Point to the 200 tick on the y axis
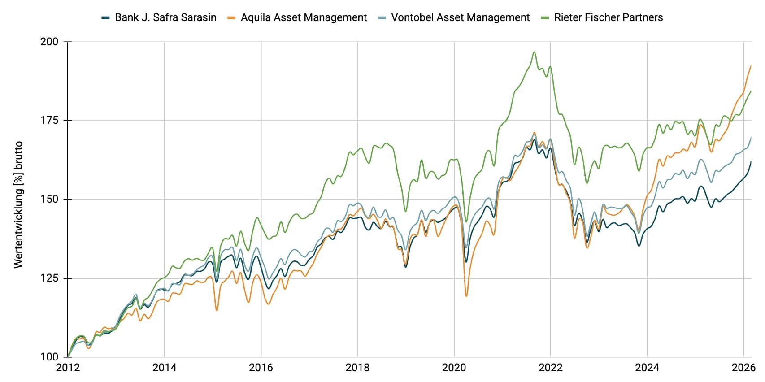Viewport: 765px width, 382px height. point(49,42)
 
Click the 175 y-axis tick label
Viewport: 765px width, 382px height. point(49,120)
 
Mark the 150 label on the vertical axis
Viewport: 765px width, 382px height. point(49,199)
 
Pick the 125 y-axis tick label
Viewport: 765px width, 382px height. point(49,278)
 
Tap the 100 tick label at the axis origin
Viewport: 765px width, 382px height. point(49,357)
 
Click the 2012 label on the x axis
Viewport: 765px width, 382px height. point(68,368)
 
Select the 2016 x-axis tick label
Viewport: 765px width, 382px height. point(261,368)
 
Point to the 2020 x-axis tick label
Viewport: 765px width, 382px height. point(454,368)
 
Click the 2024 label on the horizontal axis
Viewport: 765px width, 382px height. point(647,368)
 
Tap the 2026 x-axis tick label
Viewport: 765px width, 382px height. point(743,368)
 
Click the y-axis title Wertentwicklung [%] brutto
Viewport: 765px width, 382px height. point(18,205)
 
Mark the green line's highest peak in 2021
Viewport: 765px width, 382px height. point(534,52)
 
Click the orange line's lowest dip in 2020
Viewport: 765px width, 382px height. point(466,296)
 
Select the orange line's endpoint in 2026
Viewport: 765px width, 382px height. point(751,65)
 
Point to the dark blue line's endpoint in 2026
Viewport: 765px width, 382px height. point(751,161)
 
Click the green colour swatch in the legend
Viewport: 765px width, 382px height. point(545,18)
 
